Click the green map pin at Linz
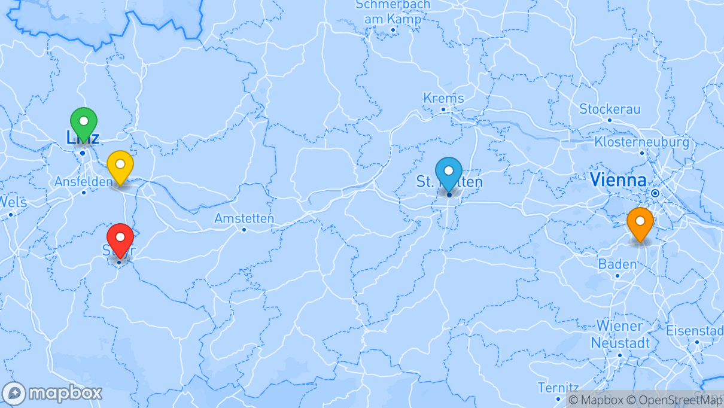84,121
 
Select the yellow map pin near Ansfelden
120,165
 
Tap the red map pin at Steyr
120,238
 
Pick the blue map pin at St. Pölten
449,171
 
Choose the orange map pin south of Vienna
640,222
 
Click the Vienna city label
617,179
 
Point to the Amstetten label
244,218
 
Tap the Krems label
443,98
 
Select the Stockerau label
610,109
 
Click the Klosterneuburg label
641,142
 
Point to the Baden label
617,264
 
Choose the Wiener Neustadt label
619,334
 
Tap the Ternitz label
558,388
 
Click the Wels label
13,202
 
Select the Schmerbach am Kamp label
393,11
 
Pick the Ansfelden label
83,181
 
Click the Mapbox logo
52,393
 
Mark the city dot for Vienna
656,193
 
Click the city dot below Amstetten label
244,229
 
